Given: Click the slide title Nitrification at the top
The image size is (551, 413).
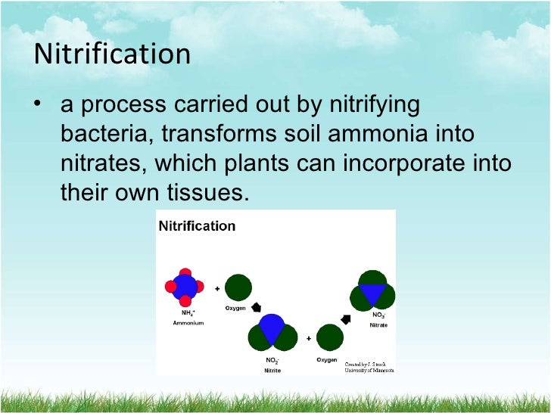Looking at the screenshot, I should pyautogui.click(x=113, y=55).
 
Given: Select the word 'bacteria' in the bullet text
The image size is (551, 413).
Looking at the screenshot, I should pyautogui.click(x=95, y=135).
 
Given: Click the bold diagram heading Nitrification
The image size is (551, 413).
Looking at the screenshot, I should pyautogui.click(x=196, y=226).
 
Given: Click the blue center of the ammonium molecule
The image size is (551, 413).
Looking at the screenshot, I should pyautogui.click(x=185, y=286).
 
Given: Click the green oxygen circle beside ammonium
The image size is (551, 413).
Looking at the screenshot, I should pyautogui.click(x=238, y=287).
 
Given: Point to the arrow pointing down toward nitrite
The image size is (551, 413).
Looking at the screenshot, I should pyautogui.click(x=256, y=308).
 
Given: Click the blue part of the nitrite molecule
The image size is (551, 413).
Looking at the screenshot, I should pyautogui.click(x=272, y=328).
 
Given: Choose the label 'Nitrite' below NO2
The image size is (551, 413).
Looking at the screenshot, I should pyautogui.click(x=272, y=371).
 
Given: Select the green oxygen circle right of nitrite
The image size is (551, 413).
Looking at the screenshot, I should pyautogui.click(x=329, y=337).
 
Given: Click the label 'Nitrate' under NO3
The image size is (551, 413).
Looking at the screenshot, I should pyautogui.click(x=378, y=324).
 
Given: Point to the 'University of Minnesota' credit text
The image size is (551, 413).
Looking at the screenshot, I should pyautogui.click(x=369, y=369).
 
